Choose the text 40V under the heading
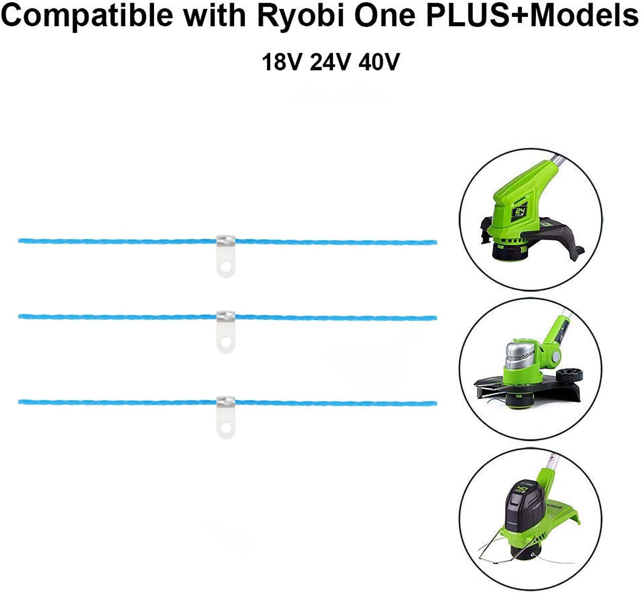379,62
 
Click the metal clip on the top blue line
226,255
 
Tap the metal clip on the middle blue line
226,331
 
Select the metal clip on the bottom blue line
226,416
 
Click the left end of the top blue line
20,241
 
